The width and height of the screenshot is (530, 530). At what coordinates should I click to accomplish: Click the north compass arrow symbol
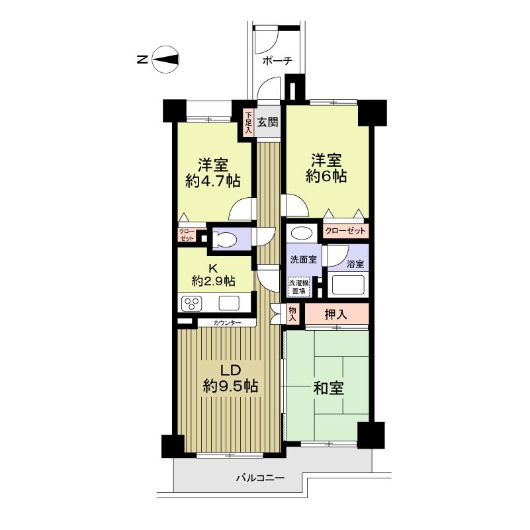click(x=166, y=59)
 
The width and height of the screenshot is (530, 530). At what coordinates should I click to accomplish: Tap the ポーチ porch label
click(x=277, y=61)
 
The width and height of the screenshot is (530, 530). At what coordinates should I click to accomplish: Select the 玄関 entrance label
click(x=268, y=122)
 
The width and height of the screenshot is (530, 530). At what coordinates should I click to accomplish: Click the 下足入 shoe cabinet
click(x=247, y=122)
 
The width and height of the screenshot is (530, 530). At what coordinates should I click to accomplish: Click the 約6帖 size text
click(x=326, y=177)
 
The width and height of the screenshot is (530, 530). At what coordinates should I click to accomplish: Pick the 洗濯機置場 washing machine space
click(x=297, y=287)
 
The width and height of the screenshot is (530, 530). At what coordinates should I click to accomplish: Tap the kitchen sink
click(x=229, y=303)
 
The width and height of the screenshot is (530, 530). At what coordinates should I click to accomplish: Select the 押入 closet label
click(x=335, y=314)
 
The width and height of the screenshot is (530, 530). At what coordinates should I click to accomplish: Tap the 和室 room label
click(x=328, y=388)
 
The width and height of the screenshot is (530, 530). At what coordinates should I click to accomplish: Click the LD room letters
click(x=220, y=369)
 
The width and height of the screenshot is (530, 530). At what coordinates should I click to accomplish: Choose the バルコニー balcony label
click(x=260, y=477)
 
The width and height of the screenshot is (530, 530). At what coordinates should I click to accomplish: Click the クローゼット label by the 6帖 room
click(x=345, y=231)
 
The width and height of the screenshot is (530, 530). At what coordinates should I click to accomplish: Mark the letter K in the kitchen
click(x=213, y=268)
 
